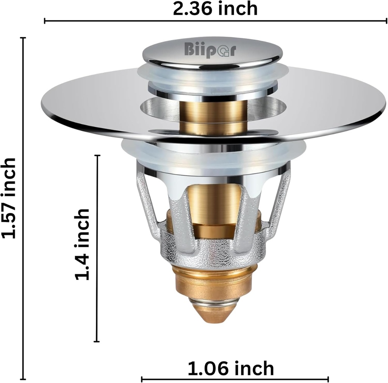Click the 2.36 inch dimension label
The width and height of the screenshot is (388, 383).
coord(215,8)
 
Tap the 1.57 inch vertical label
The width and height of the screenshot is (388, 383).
coord(8,198)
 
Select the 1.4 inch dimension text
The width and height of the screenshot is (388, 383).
coord(82,244)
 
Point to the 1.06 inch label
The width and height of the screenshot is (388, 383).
coord(231,368)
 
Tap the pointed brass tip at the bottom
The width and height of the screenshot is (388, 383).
coord(215,314)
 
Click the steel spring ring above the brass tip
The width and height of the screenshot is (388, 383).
coord(214,301)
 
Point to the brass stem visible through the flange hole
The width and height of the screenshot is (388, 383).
coord(213,115)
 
